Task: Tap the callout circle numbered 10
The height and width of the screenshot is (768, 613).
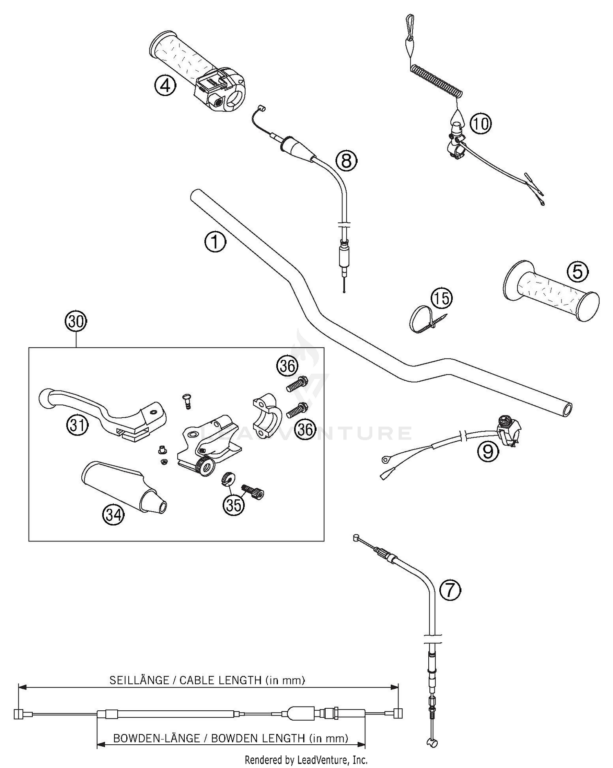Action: coord(481,123)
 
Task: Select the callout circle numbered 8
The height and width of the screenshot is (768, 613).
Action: coord(346,160)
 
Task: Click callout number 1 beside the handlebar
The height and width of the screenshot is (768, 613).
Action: coord(215,242)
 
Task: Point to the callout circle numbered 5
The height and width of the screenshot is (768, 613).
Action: coord(577,271)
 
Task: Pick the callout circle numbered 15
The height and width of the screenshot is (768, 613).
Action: coord(442,298)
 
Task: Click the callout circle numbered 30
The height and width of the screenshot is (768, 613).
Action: coord(76,321)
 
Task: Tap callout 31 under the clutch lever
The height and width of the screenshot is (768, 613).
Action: coord(78,426)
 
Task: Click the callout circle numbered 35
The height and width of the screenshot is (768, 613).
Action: coord(233,505)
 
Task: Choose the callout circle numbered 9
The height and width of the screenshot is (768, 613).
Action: coord(488,451)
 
